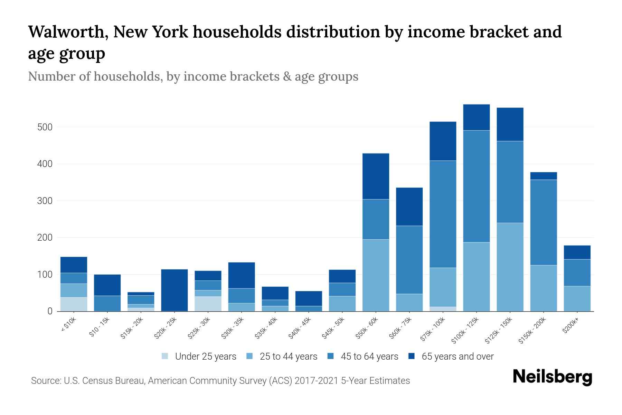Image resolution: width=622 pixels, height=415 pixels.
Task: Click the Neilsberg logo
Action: click(x=552, y=377)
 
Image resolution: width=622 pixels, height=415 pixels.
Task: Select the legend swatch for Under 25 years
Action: click(x=165, y=356)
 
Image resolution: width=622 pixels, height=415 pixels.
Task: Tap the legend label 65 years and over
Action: click(x=458, y=357)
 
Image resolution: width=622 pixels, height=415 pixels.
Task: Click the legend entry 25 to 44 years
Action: click(x=288, y=357)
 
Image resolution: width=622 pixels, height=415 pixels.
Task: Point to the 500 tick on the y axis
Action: click(x=45, y=127)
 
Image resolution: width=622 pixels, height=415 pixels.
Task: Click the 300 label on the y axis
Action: click(x=45, y=201)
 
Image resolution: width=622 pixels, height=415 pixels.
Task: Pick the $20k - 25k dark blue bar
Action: click(x=175, y=290)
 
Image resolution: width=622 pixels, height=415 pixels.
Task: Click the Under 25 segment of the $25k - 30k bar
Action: click(x=208, y=304)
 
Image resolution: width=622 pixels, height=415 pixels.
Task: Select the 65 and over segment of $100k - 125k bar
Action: click(x=477, y=117)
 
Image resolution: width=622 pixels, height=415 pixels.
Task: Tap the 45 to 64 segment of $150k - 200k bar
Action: click(x=544, y=222)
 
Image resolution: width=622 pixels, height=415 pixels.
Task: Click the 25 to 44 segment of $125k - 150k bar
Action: click(x=510, y=267)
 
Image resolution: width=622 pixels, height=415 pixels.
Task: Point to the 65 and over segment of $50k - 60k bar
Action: click(x=376, y=176)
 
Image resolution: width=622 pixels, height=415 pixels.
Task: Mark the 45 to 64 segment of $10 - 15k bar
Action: click(x=107, y=303)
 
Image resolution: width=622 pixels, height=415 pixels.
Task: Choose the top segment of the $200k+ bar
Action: click(x=577, y=252)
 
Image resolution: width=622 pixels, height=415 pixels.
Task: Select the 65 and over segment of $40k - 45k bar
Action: click(x=309, y=298)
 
